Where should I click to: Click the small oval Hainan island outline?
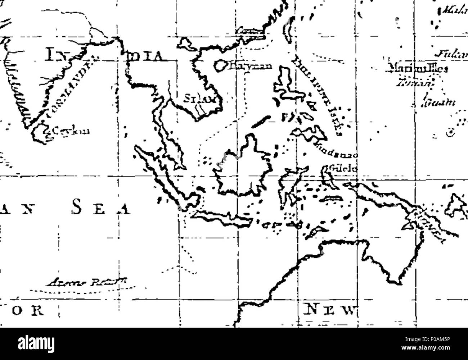220,65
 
